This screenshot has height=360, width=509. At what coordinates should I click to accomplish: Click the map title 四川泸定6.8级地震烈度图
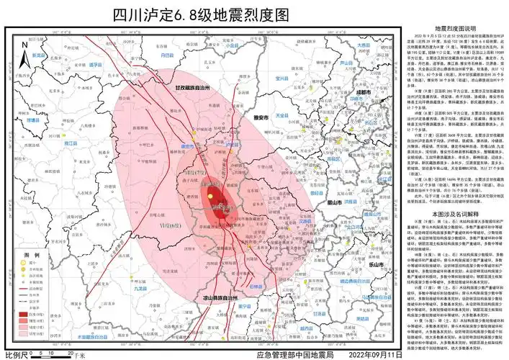point(201,14)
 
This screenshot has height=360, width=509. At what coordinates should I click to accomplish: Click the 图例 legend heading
point(31,256)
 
